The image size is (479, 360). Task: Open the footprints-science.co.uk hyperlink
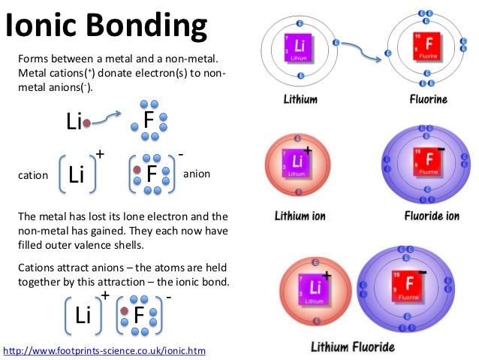104,350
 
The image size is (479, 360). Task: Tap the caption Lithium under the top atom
300,98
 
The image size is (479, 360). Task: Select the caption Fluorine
428,98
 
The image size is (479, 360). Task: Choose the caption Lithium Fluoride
353,347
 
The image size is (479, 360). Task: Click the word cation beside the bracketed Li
32,175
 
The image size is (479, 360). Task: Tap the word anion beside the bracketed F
197,174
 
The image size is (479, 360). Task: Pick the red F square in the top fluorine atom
427,47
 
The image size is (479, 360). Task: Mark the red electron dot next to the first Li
86,122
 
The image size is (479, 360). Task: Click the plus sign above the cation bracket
99,153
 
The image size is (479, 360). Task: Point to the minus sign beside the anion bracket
181,153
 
